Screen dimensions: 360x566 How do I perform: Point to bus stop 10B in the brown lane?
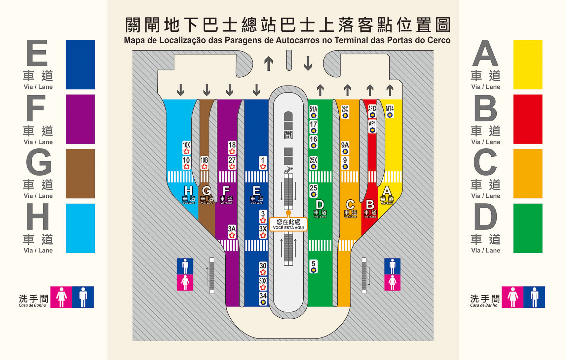point(204,163)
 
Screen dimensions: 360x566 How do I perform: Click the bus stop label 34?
point(263,299)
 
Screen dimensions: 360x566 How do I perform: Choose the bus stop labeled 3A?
point(232,232)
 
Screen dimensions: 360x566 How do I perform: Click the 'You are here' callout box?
point(288,224)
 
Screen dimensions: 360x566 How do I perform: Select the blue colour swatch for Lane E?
point(80,64)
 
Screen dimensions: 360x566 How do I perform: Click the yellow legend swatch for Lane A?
point(528,64)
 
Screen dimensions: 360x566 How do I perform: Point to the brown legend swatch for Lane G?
point(80,174)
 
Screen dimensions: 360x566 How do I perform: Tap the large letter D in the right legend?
point(485,217)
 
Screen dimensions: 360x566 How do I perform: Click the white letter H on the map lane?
point(188,191)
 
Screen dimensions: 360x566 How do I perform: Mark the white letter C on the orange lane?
point(350,205)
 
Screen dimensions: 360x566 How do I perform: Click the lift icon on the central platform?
point(288,135)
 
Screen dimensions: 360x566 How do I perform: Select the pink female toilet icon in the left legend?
point(61,297)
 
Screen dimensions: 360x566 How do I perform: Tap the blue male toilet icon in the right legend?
point(534,297)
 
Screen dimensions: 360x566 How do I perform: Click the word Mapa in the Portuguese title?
point(135,40)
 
